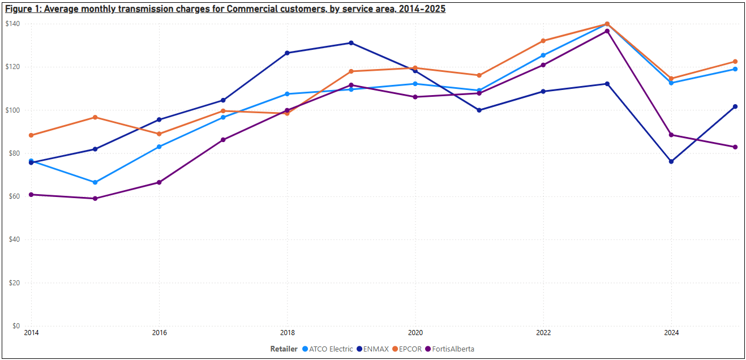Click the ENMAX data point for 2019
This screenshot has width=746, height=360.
[351, 43]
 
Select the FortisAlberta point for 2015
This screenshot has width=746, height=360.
[95, 199]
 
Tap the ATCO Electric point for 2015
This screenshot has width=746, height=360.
[95, 182]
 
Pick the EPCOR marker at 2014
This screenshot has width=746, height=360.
[31, 135]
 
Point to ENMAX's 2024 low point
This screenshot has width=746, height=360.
[671, 161]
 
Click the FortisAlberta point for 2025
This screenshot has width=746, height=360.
[735, 147]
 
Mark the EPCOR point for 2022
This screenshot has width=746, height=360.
[543, 41]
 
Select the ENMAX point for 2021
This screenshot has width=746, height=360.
[479, 110]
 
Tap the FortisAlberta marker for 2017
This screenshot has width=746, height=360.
[223, 140]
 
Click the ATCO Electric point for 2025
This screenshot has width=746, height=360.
[735, 69]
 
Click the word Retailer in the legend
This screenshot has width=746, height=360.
[284, 349]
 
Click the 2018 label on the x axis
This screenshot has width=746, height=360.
[287, 333]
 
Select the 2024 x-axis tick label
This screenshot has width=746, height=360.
[671, 333]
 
